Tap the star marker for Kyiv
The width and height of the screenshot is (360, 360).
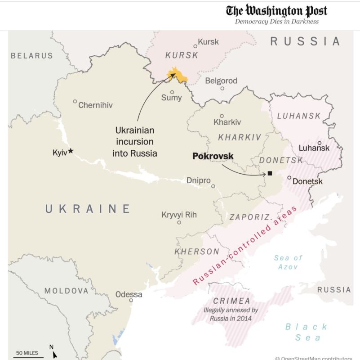(x=71, y=152)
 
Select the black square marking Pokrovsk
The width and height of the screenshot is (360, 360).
(x=270, y=173)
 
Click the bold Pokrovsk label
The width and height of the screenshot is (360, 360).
(x=213, y=156)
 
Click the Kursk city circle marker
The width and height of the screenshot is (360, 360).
(x=195, y=46)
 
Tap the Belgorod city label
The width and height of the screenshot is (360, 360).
(x=221, y=81)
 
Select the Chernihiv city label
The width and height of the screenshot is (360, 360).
(x=95, y=105)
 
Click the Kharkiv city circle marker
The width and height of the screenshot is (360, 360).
(x=221, y=116)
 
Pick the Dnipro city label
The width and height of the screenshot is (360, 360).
(x=198, y=180)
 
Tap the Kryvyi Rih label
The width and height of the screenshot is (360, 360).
(x=179, y=215)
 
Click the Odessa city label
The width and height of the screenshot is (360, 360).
(x=129, y=295)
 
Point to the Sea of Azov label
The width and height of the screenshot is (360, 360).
(x=288, y=262)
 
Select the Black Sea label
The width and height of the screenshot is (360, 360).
(x=307, y=332)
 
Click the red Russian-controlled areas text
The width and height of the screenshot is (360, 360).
(x=245, y=246)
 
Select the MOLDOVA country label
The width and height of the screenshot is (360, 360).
(x=66, y=291)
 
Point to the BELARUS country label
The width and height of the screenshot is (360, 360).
(x=32, y=56)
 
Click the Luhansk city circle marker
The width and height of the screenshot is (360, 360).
(x=320, y=143)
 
